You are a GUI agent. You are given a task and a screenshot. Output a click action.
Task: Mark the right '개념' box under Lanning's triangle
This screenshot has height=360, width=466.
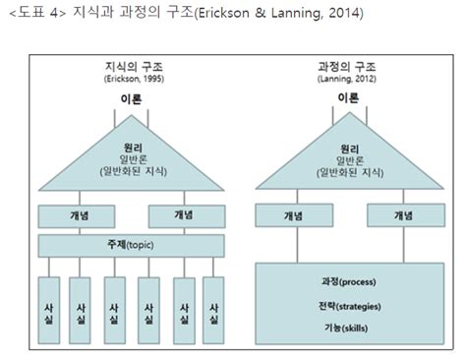point(402,214)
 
